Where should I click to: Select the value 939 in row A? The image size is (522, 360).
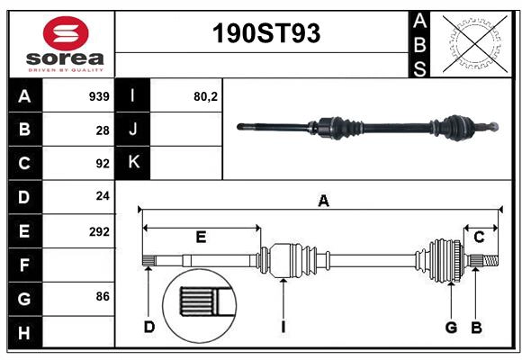(x=98, y=95)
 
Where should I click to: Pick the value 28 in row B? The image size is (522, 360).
(x=103, y=130)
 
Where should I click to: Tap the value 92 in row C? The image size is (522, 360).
(x=103, y=164)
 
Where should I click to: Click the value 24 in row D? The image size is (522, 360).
(x=103, y=196)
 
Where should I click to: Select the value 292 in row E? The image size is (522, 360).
(x=99, y=231)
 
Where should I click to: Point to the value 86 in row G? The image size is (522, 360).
(x=103, y=296)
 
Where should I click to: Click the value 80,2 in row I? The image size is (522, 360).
(x=206, y=95)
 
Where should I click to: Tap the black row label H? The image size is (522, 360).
(x=24, y=333)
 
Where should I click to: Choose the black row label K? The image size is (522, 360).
(x=133, y=162)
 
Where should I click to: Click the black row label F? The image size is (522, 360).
(x=24, y=265)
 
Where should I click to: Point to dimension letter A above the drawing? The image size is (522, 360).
(x=322, y=202)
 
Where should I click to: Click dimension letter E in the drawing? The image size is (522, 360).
(x=201, y=238)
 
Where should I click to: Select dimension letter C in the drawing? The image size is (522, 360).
(x=479, y=237)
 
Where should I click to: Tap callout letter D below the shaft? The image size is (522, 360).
(x=148, y=327)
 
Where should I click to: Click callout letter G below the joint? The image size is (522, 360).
(x=451, y=327)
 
